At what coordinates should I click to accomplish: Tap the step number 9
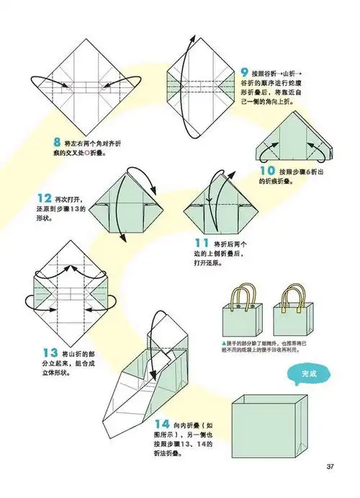tap(246, 72)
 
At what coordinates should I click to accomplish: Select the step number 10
tap(267, 171)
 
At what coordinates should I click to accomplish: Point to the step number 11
tap(202, 245)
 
